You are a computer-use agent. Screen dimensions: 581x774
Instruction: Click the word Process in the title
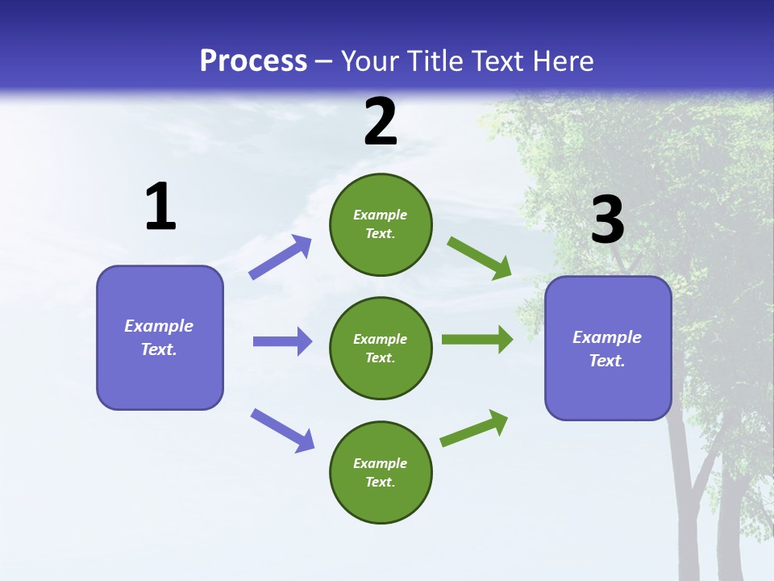(253, 61)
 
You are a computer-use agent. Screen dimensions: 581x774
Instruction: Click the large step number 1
(160, 207)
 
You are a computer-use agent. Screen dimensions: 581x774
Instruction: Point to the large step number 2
(381, 122)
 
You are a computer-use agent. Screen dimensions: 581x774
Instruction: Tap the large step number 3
(607, 219)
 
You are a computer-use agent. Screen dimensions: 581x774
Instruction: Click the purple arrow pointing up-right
(280, 257)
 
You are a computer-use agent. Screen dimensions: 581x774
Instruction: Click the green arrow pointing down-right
(479, 258)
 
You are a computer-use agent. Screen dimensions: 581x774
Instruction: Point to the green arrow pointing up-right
(474, 428)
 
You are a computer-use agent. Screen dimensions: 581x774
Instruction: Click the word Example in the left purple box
(159, 326)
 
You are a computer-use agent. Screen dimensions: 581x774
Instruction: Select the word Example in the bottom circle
(381, 463)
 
